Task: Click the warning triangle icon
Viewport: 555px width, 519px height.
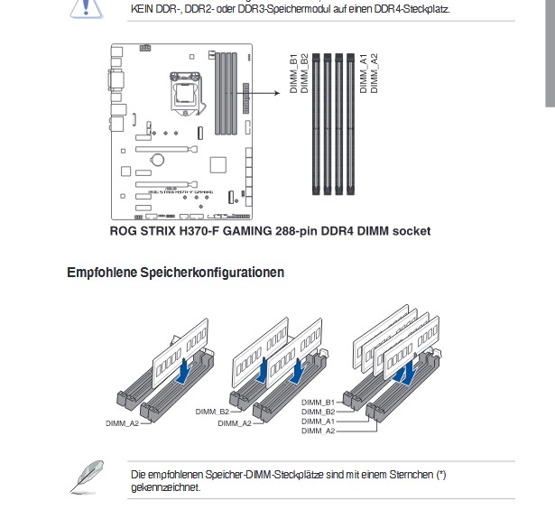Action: (x=87, y=8)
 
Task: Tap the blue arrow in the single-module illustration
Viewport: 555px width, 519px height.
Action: (x=186, y=370)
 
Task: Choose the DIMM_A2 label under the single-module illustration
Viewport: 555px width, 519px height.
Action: (x=122, y=422)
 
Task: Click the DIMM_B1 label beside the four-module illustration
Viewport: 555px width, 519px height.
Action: (x=318, y=402)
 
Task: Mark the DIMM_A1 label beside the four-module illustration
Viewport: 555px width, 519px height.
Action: (x=318, y=422)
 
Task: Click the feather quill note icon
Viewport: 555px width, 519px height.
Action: (x=88, y=477)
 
